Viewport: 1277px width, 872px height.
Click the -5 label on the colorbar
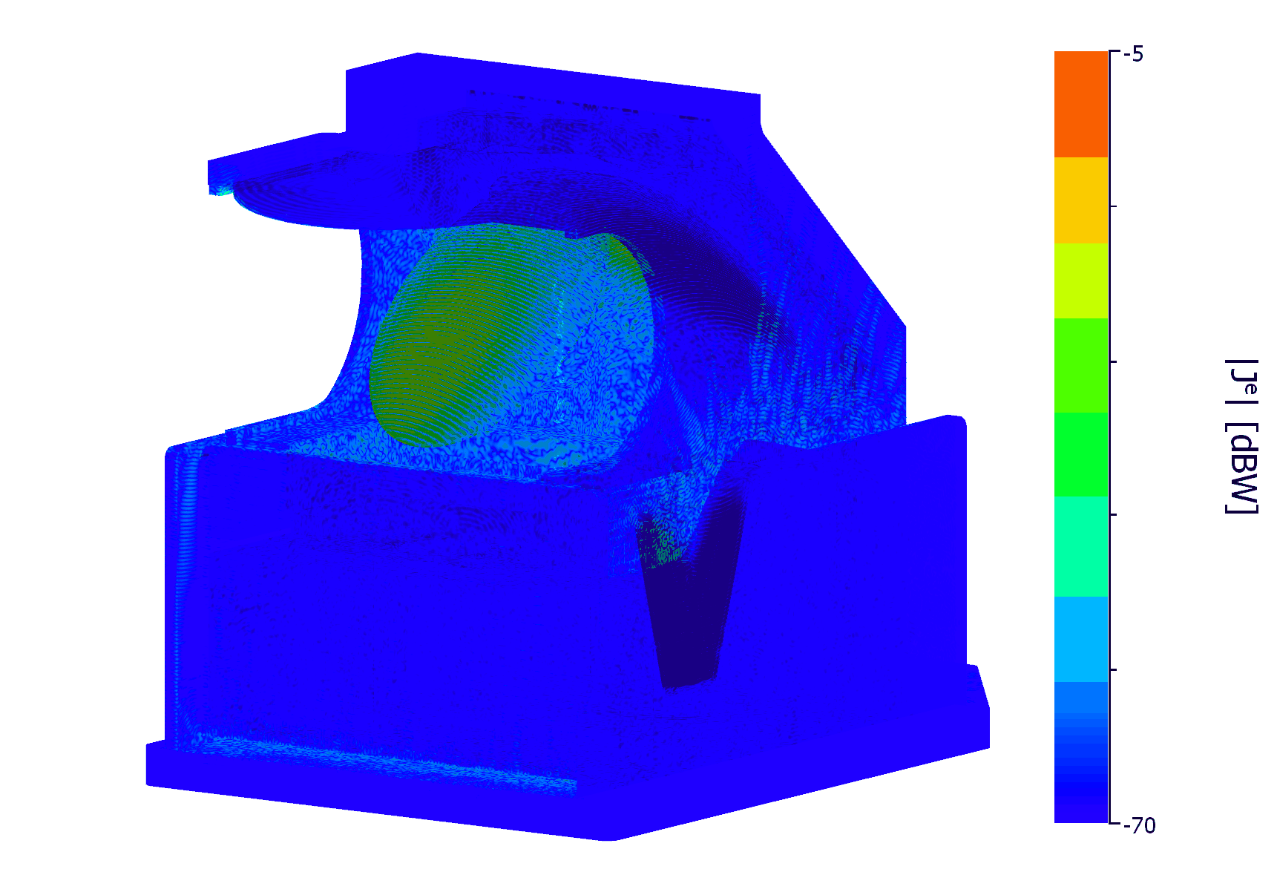[x=1133, y=54]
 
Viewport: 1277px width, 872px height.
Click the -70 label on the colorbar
[x=1139, y=825]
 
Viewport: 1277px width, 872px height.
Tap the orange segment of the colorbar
[x=1081, y=104]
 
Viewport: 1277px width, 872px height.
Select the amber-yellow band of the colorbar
[x=1081, y=200]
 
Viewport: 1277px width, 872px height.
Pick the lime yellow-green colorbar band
[x=1081, y=281]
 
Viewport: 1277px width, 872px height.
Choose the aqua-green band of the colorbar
[x=1081, y=547]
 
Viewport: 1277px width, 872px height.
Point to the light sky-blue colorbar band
[x=1081, y=639]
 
